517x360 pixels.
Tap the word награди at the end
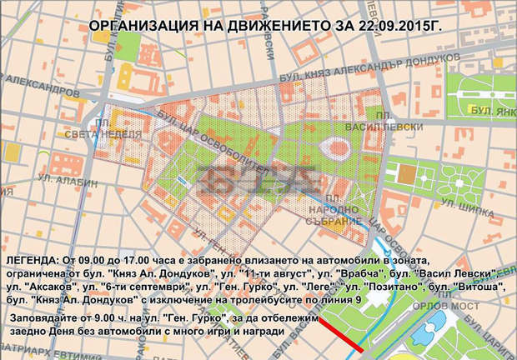(x=264, y=332)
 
